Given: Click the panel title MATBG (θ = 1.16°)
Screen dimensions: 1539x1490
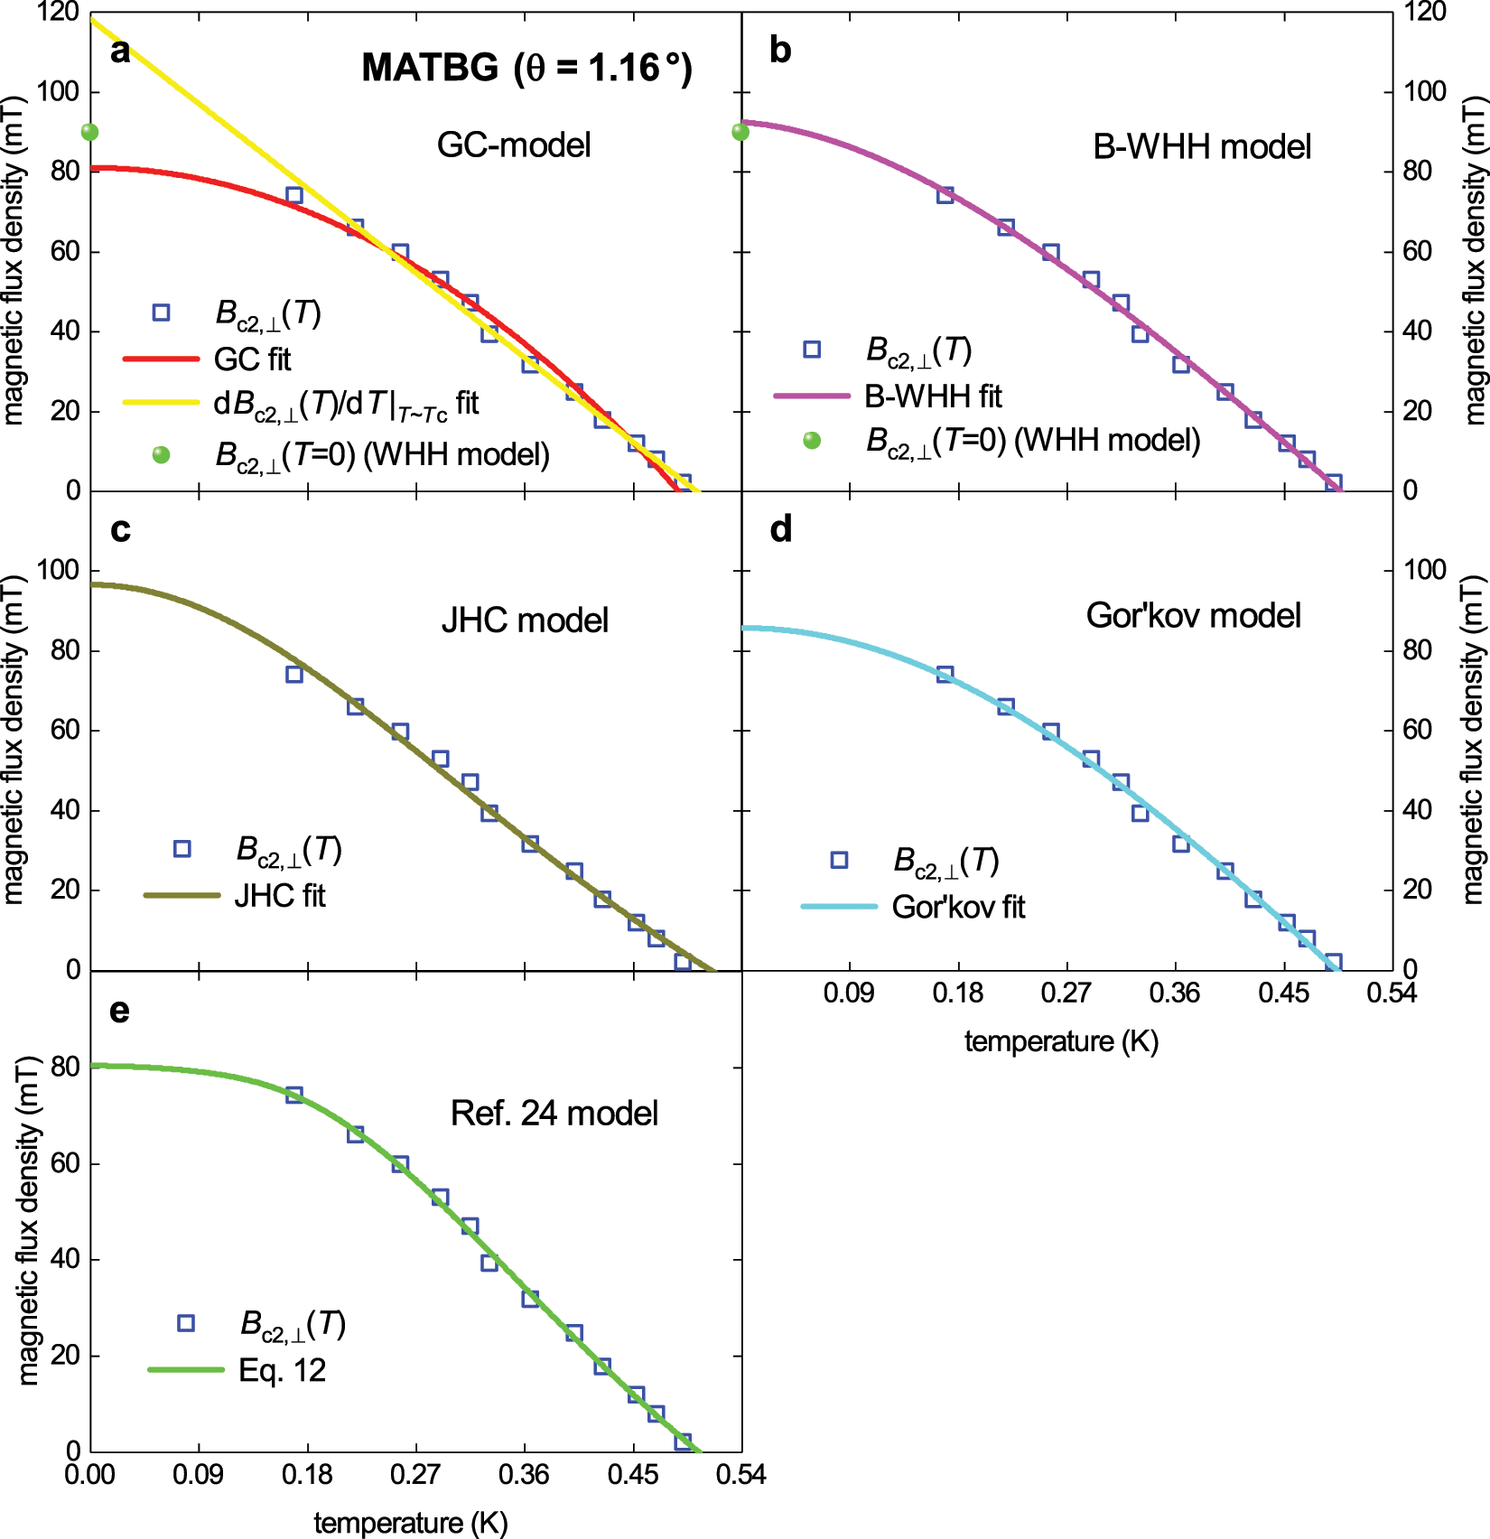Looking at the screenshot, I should pos(526,68).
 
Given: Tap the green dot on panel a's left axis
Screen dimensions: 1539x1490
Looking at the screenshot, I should pos(89,133).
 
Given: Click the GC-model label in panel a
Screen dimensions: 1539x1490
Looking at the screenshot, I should pos(514,145).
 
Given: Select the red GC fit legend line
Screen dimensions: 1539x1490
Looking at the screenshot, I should pos(161,359).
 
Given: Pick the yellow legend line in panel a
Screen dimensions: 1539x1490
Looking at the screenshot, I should pos(161,403).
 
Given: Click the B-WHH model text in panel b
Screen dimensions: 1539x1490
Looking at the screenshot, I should pos(1201,146).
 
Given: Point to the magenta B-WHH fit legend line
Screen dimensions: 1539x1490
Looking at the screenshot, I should pos(812,396).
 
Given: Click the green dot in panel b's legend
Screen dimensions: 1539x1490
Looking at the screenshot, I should pos(812,440).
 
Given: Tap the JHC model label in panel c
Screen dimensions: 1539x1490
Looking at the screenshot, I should pos(525,620).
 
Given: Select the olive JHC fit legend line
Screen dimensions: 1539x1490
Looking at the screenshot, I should pos(182,895).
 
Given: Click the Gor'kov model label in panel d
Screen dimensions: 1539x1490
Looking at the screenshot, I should pos(1193,616).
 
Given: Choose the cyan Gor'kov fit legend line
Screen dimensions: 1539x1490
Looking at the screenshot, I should pos(839,906).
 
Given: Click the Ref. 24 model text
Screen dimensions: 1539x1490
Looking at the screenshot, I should pos(554,1113).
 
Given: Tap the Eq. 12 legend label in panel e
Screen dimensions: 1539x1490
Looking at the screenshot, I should pos(282,1370).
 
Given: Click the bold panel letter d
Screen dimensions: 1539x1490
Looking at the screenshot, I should pos(781,529).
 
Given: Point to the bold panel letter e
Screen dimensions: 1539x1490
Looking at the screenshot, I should pos(119,1011).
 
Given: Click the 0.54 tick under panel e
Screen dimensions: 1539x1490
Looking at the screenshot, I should pos(740,1475).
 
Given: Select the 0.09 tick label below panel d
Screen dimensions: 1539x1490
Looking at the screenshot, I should pos(849,993).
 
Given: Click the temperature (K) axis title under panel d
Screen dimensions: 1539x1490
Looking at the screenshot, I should pos(1061,1041).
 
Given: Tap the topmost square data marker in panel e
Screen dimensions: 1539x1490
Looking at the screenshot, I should pos(293,1095).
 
